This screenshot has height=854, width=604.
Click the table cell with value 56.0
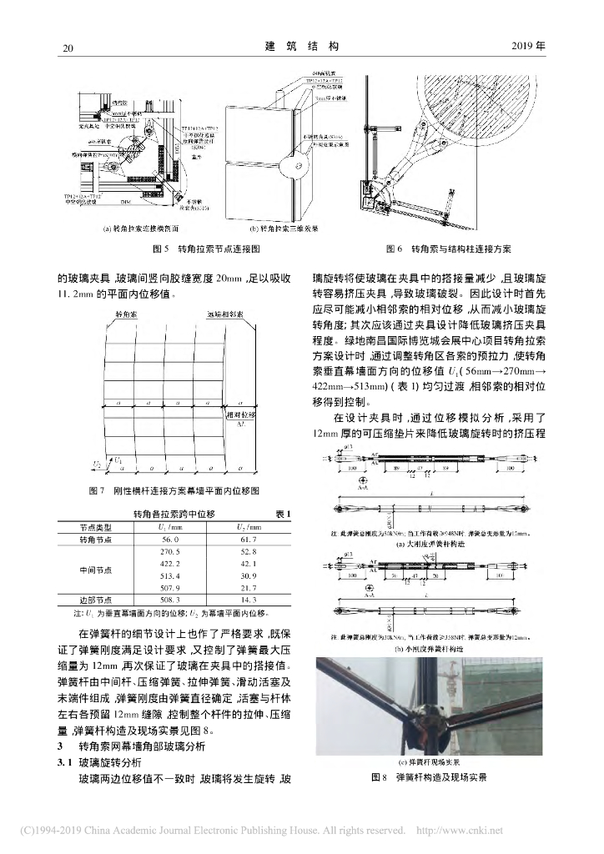(170, 540)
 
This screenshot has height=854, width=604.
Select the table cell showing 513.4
(170, 576)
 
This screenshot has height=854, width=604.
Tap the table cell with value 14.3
(249, 599)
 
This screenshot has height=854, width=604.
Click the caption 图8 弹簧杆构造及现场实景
(429, 777)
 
